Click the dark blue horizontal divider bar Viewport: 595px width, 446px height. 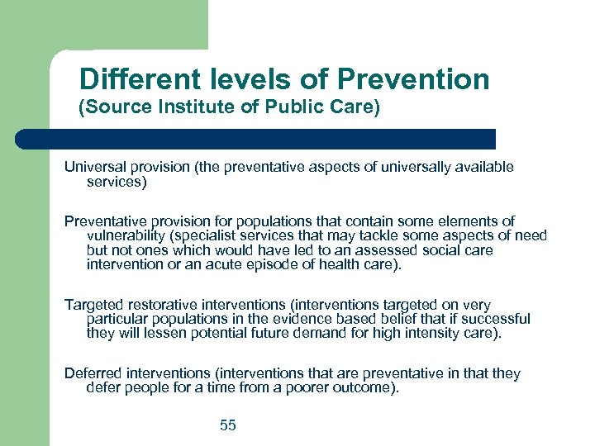click(256, 139)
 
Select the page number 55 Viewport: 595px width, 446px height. click(228, 425)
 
